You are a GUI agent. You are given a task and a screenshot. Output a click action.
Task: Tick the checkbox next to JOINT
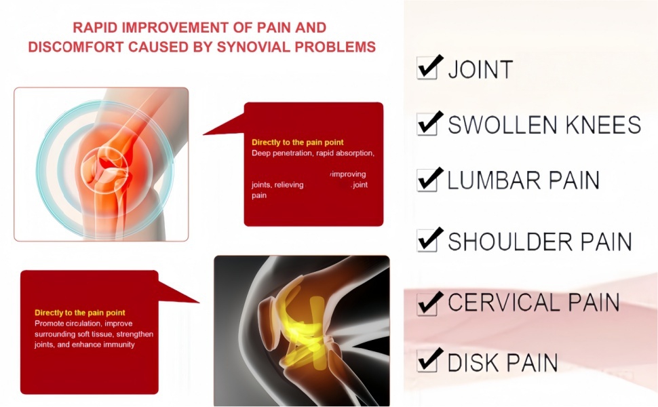pos(427,69)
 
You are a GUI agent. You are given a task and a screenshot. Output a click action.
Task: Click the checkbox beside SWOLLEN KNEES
pos(427,125)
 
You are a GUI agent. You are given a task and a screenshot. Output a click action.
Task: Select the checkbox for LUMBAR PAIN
pos(427,180)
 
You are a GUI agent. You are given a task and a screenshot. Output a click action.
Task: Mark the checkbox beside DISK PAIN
pos(427,362)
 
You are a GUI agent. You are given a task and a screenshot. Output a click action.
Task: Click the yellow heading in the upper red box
pos(298,142)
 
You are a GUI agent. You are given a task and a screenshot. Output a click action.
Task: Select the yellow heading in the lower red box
pos(80,313)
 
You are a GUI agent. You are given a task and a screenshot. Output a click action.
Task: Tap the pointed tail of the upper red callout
pos(204,134)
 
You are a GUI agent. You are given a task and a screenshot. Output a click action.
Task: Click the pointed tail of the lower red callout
pos(198,301)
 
